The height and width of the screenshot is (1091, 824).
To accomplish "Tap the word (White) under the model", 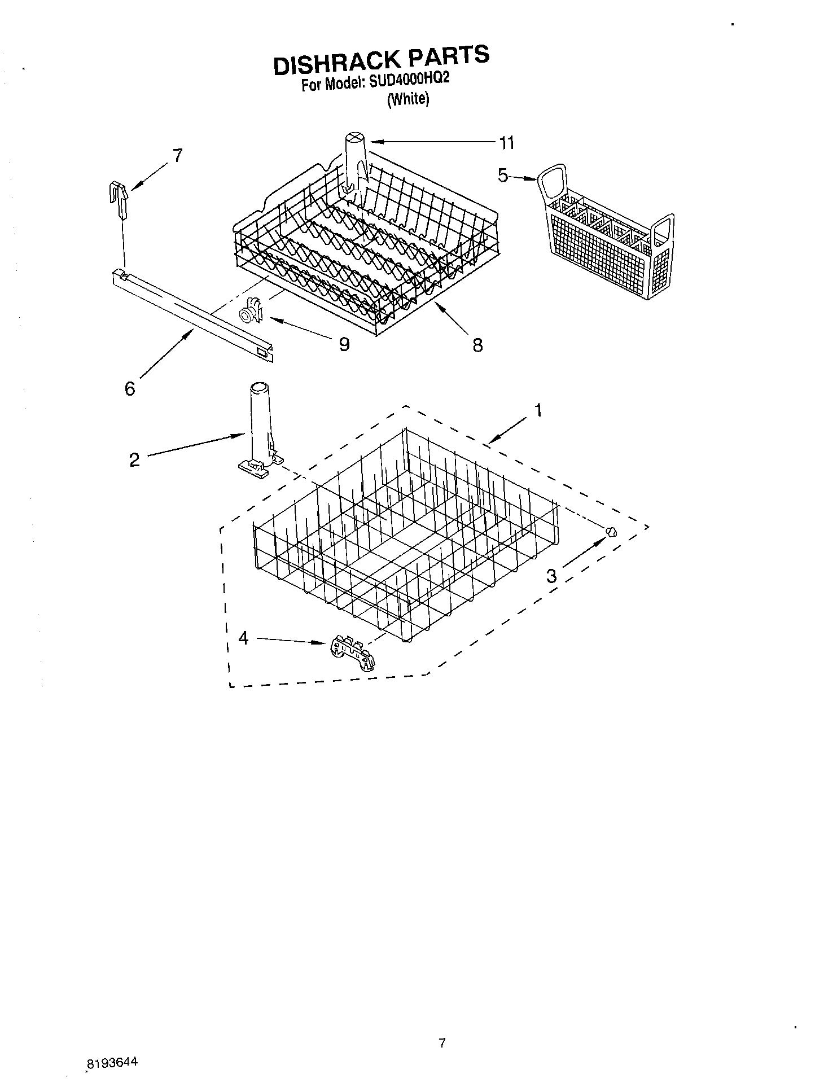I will [407, 99].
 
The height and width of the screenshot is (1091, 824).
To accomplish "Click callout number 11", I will [507, 143].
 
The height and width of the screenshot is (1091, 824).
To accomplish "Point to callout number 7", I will [177, 155].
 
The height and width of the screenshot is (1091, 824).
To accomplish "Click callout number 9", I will [344, 344].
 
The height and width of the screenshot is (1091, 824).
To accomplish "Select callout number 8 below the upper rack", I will [477, 345].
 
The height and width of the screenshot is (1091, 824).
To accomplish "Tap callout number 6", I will [130, 388].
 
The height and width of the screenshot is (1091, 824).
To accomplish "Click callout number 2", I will [134, 459].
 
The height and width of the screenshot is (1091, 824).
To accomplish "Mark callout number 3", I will [551, 576].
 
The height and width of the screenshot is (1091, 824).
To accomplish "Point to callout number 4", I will [243, 638].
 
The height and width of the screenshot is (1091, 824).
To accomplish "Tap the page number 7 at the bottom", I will [442, 1043].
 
